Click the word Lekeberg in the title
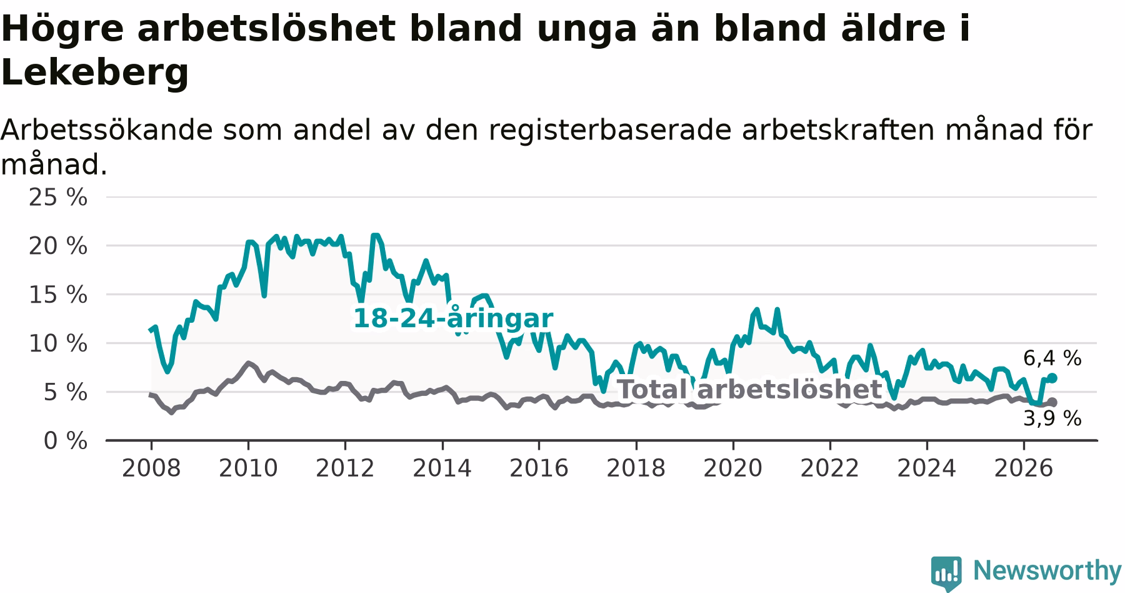(95, 73)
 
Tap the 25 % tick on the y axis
(58, 198)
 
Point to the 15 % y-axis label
(58, 295)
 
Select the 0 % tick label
(66, 441)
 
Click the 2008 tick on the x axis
(151, 468)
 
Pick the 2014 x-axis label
(442, 468)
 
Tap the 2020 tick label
(733, 468)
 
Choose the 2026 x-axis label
(1024, 468)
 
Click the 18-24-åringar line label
(453, 318)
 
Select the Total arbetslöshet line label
(749, 389)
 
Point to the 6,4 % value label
(1052, 358)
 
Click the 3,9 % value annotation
(1052, 418)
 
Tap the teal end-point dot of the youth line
(1052, 378)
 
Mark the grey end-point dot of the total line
(1052, 402)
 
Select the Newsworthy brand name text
(1047, 570)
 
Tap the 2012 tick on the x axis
(345, 468)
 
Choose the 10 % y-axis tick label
(58, 343)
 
